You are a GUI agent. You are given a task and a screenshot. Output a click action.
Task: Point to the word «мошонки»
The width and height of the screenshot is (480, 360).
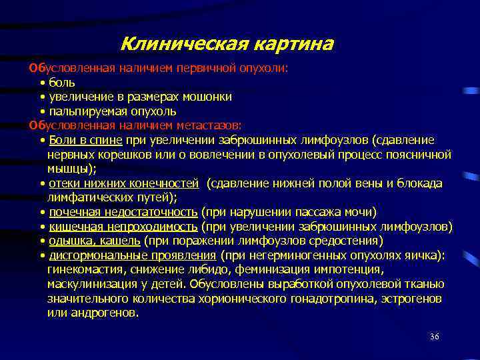pyautogui.click(x=207, y=97)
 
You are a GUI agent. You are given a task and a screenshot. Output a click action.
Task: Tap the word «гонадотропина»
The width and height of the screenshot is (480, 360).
pyautogui.click(x=337, y=299)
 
